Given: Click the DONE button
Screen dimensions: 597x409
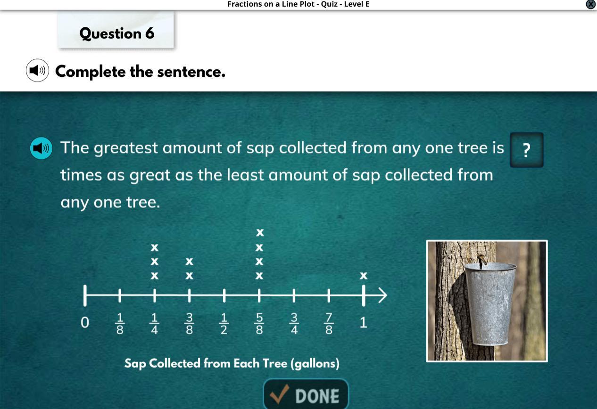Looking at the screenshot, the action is [x=306, y=394].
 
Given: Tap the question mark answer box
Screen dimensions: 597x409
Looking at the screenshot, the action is [x=527, y=150].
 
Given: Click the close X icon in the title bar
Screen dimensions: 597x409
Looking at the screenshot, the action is [x=591, y=4].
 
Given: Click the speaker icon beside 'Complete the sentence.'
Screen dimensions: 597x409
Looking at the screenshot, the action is [x=37, y=70].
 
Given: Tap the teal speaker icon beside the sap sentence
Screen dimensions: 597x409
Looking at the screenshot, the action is [x=41, y=148].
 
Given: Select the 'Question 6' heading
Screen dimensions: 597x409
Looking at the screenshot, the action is [x=117, y=33].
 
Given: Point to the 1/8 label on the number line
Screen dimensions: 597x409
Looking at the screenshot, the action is [x=120, y=324].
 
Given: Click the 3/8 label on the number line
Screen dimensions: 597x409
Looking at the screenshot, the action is [x=189, y=324].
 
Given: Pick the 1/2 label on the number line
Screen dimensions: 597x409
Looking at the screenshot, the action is [x=224, y=324].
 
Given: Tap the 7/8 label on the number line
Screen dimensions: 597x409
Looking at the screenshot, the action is [x=329, y=324].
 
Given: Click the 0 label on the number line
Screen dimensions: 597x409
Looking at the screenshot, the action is [x=85, y=323].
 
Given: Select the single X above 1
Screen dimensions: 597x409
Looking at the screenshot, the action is [x=364, y=276].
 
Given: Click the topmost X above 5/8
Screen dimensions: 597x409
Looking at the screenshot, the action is [x=260, y=232].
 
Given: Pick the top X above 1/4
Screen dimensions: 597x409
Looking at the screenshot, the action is [x=155, y=248].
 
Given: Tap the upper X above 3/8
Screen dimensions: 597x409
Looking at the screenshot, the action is [x=189, y=262].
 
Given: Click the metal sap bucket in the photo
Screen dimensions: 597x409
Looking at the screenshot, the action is [x=490, y=303].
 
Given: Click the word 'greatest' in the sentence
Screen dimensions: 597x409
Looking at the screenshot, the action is [x=126, y=148].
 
